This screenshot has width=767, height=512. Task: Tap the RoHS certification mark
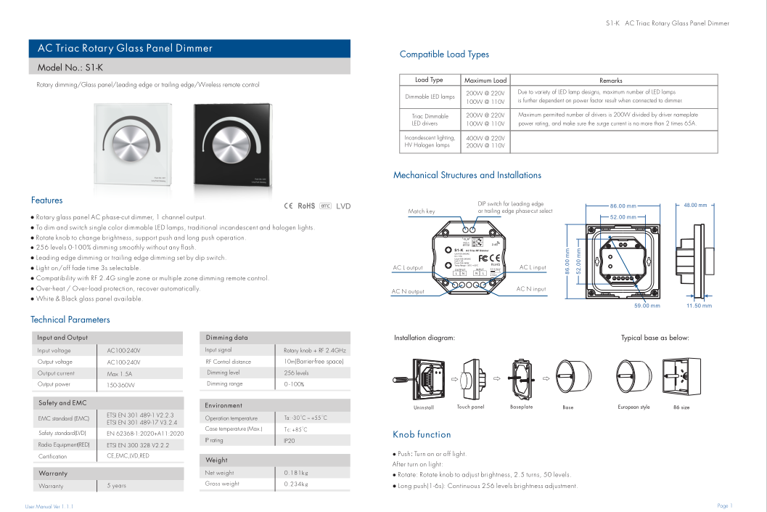[x=306, y=206]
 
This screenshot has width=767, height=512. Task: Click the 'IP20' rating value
[x=290, y=440]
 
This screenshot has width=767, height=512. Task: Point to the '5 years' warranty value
[x=116, y=486]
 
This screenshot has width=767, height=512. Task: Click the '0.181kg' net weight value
[x=296, y=473]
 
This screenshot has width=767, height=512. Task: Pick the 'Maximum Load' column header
[x=485, y=80]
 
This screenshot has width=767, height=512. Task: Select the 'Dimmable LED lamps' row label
[x=430, y=97]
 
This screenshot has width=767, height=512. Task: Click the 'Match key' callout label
[x=422, y=211]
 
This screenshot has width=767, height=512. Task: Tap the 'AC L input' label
[x=533, y=267]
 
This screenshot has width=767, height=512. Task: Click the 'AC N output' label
[x=408, y=292]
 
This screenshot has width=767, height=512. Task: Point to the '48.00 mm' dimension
[x=694, y=206]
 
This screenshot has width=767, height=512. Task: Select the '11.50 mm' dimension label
[x=699, y=306]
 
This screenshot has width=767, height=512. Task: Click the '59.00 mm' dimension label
[x=647, y=306]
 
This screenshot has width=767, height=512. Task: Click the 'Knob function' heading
[x=422, y=434]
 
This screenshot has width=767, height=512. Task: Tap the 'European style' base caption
[x=633, y=407]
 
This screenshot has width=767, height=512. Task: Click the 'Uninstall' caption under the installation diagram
[x=423, y=407]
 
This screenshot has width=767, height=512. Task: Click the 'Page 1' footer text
[x=724, y=505]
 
